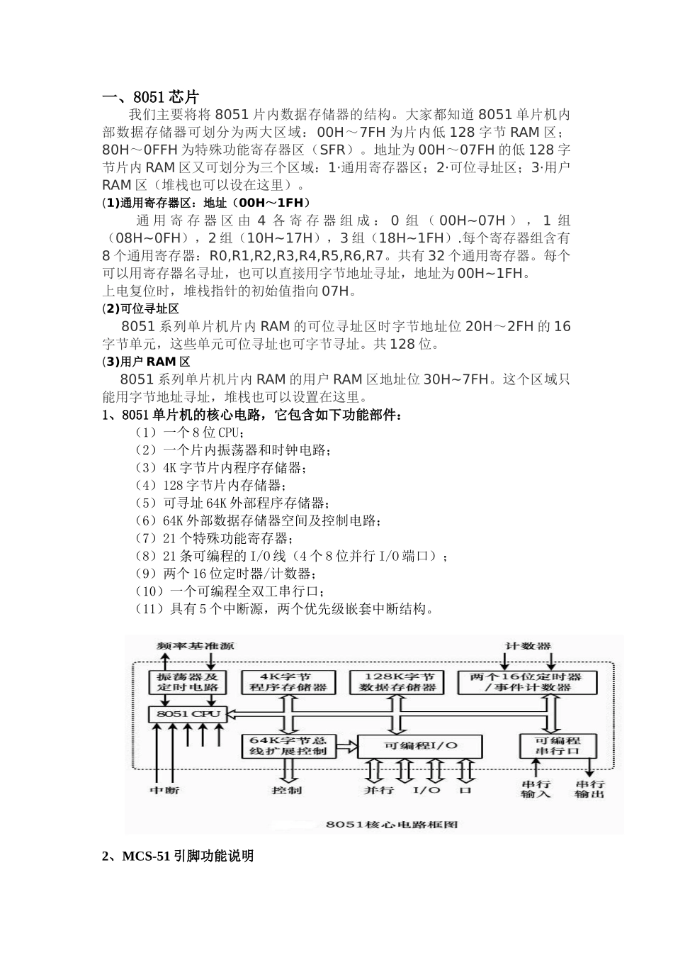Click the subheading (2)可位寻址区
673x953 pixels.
[141, 309]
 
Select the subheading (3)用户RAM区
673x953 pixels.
[147, 362]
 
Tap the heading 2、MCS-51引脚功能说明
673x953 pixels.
[178, 857]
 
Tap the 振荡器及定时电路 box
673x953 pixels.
[188, 682]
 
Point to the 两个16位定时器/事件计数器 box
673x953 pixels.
[526, 682]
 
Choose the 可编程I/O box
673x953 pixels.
[421, 746]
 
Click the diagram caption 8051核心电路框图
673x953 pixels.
[392, 824]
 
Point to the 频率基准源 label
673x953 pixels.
[196, 646]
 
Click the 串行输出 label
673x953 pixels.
[590, 789]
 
